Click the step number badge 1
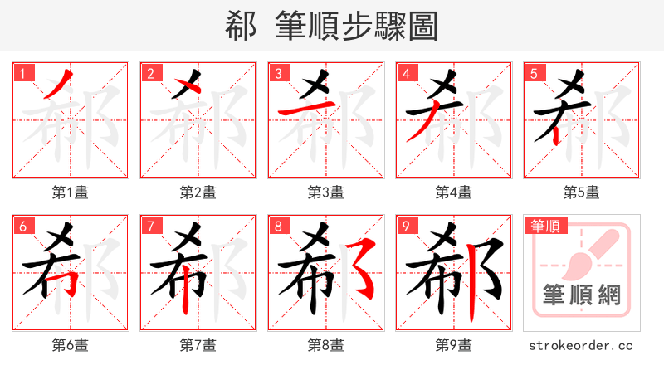pos(22,73)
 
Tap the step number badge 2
pos(150,73)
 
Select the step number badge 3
pos(278,73)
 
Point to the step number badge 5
pos(534,73)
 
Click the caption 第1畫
pos(71,192)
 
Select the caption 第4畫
pos(454,192)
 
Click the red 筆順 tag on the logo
pos(547,226)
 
